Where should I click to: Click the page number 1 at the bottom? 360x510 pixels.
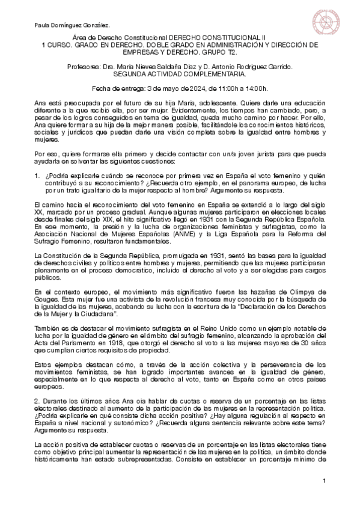coord(325,481)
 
